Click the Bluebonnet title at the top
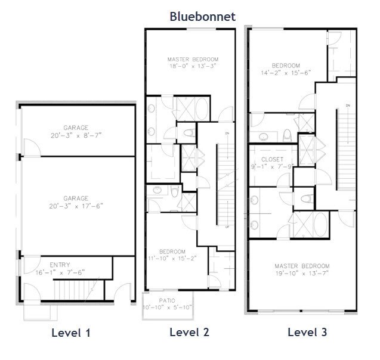click(x=203, y=17)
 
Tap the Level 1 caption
click(x=71, y=333)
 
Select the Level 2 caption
click(x=189, y=332)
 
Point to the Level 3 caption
click(x=307, y=332)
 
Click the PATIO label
click(x=167, y=300)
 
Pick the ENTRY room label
click(x=60, y=265)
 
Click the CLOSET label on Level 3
click(x=273, y=159)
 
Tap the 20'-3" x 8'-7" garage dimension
click(x=76, y=135)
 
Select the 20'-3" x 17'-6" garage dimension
click(x=76, y=206)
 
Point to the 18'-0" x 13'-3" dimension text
click(x=193, y=66)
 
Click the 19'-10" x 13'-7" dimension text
click(x=302, y=274)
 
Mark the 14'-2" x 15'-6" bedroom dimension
click(x=286, y=73)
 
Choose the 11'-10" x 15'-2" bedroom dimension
click(x=172, y=258)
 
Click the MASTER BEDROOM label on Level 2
click(x=193, y=60)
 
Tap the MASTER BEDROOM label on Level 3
click(x=302, y=266)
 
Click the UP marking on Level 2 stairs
click(x=227, y=227)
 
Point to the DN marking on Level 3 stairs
click(x=348, y=105)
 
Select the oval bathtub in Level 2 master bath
click(x=202, y=108)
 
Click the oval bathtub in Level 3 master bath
click(x=320, y=225)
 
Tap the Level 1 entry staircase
click(x=79, y=290)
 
